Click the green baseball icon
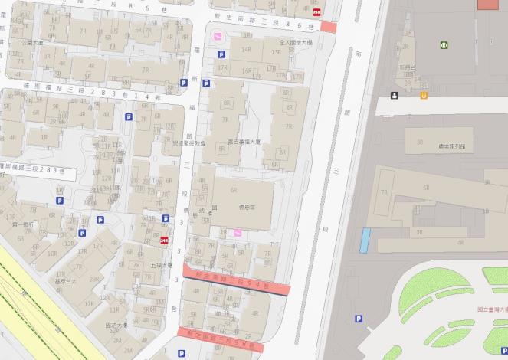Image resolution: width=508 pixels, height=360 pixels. (x=444, y=45)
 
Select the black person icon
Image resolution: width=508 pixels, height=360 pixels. (x=394, y=95)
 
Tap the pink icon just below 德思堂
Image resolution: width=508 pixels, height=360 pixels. (x=238, y=232)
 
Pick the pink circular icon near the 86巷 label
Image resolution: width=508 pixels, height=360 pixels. (x=217, y=36)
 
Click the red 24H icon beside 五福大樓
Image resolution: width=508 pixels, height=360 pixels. (x=164, y=241)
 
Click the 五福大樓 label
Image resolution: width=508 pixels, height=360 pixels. (x=159, y=265)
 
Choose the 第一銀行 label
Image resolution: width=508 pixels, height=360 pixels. (x=25, y=224)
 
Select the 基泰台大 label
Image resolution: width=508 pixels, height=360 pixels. (x=67, y=281)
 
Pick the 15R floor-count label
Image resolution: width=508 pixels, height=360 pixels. (x=275, y=52)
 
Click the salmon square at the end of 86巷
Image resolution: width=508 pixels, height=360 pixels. (x=329, y=27)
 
